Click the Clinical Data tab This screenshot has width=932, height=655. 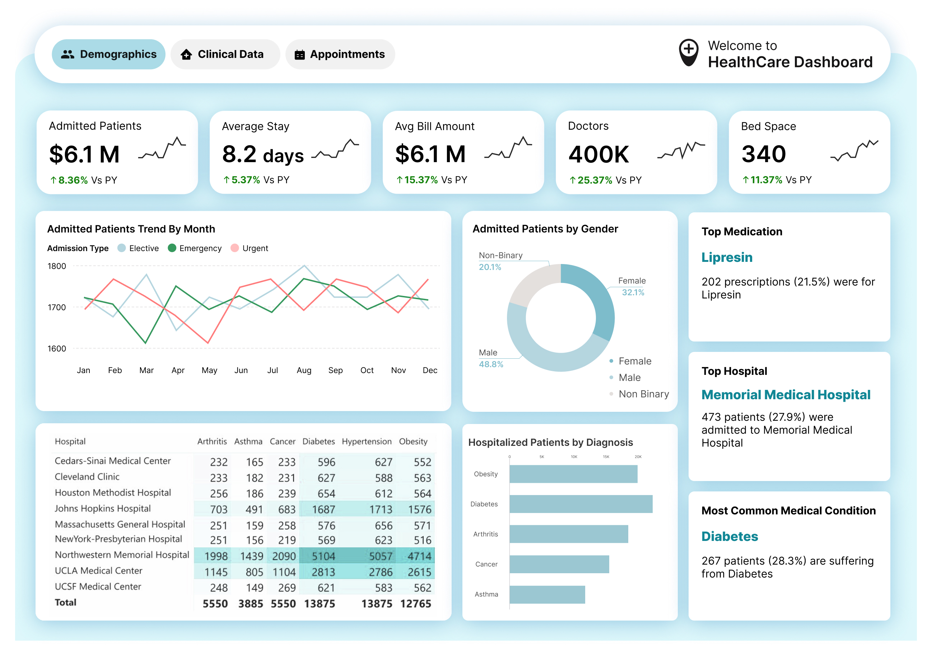tap(225, 55)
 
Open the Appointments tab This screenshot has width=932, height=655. tap(340, 55)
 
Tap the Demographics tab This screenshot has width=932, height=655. tap(108, 55)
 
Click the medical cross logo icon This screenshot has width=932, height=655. tap(689, 53)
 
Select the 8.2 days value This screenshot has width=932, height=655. tap(263, 155)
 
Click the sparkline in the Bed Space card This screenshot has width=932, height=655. tap(854, 151)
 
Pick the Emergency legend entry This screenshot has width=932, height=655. tap(195, 248)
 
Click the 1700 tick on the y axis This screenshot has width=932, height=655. tap(57, 307)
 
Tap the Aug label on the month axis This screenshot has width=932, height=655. tap(304, 370)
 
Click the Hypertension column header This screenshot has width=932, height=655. tap(366, 441)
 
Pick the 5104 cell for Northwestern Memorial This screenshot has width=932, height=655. tap(323, 556)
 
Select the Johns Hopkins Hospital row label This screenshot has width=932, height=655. tap(103, 509)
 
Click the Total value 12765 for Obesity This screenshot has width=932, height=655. tap(415, 603)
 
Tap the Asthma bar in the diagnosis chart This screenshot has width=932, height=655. tap(547, 595)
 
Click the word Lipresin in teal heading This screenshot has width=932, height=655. tap(727, 258)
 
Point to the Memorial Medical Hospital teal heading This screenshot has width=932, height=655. tap(786, 395)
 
